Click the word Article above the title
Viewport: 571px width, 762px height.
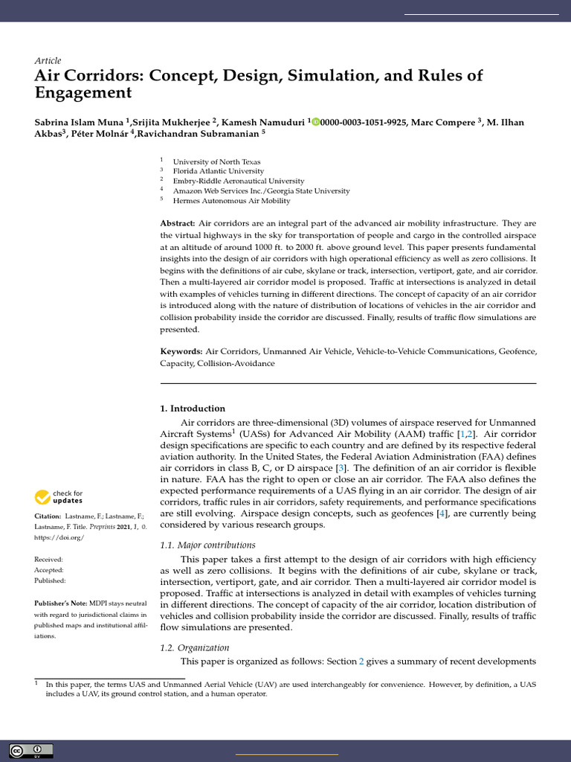pyautogui.click(x=48, y=60)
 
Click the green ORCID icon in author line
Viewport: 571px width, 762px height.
pyautogui.click(x=315, y=122)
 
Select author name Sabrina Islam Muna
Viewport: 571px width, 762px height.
pyautogui.click(x=79, y=122)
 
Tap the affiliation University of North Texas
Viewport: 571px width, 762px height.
pyautogui.click(x=216, y=161)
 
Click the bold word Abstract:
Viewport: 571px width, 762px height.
pyautogui.click(x=178, y=223)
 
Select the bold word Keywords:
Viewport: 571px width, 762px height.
pyautogui.click(x=181, y=350)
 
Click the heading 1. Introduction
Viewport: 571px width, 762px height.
pyautogui.click(x=193, y=409)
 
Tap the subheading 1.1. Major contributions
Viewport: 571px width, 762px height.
pyautogui.click(x=207, y=545)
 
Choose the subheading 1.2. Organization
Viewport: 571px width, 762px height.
pyautogui.click(x=195, y=647)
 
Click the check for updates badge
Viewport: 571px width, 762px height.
pyautogui.click(x=59, y=496)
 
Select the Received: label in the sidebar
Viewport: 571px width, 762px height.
pyautogui.click(x=49, y=559)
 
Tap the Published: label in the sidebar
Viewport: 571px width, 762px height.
pyautogui.click(x=50, y=580)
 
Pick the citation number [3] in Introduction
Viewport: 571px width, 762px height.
pyautogui.click(x=341, y=468)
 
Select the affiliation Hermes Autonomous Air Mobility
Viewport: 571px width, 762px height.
pyautogui.click(x=231, y=200)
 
